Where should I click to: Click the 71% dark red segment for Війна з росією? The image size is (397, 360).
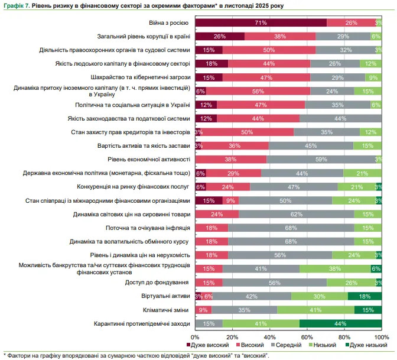(261, 22)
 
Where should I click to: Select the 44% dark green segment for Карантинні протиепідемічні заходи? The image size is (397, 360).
(340, 323)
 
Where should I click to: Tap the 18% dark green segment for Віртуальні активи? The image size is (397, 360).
(365, 296)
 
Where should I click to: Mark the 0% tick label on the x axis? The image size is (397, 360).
(195, 337)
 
